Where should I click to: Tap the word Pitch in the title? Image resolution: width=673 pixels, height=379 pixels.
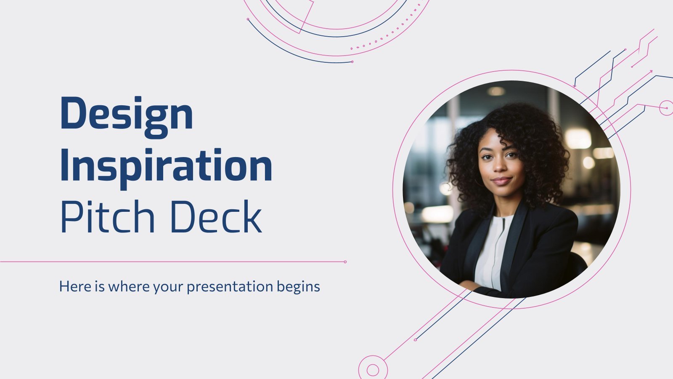108,216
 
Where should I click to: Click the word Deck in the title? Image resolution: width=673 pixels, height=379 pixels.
216,216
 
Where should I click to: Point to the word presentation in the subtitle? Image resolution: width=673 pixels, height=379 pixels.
230,287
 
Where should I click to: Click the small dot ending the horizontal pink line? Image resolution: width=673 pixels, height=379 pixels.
345,262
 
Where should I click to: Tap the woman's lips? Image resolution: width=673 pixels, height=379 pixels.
501,181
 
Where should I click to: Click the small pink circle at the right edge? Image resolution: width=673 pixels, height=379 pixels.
667,108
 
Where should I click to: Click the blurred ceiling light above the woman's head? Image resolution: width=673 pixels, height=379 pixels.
496,91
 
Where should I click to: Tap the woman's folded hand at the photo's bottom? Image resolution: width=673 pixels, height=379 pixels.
471,285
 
